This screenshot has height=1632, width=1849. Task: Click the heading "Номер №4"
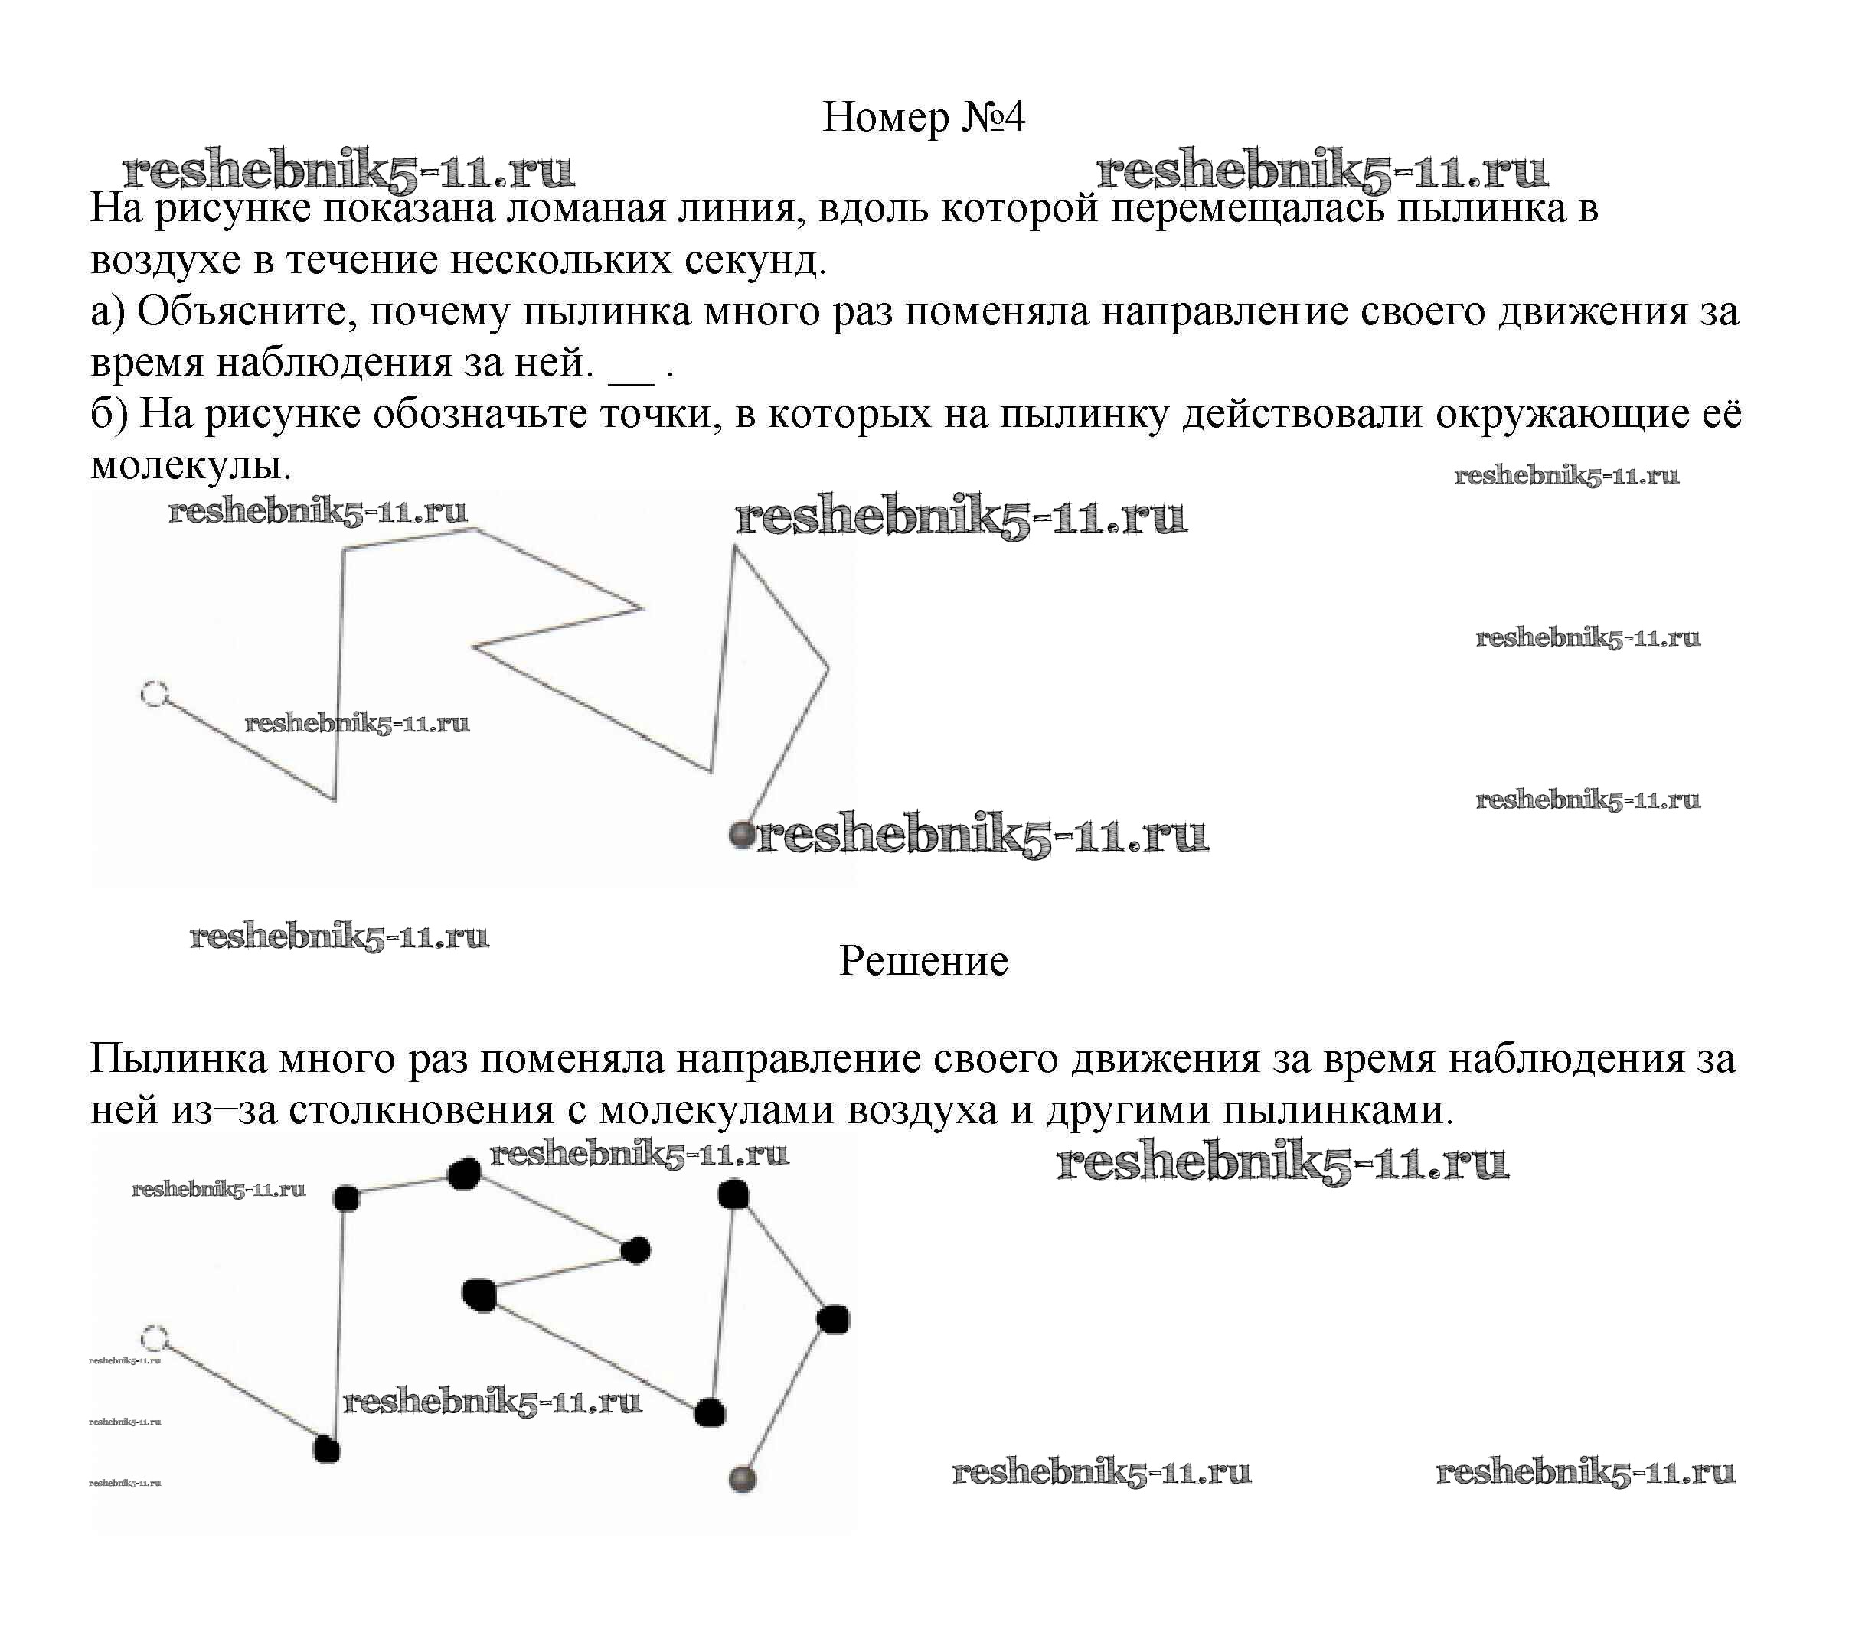(x=923, y=118)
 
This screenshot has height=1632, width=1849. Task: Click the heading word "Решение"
(x=923, y=961)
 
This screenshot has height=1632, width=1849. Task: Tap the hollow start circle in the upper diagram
(x=155, y=695)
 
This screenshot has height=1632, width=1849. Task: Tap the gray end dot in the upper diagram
(x=742, y=834)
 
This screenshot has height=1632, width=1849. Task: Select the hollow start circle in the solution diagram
(x=155, y=1339)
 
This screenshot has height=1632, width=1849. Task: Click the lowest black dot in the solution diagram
(x=327, y=1450)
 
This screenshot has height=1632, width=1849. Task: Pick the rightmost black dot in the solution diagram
(x=833, y=1320)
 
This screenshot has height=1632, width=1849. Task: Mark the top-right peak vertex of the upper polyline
(x=734, y=548)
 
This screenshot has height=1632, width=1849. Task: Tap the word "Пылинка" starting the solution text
(x=178, y=1060)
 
